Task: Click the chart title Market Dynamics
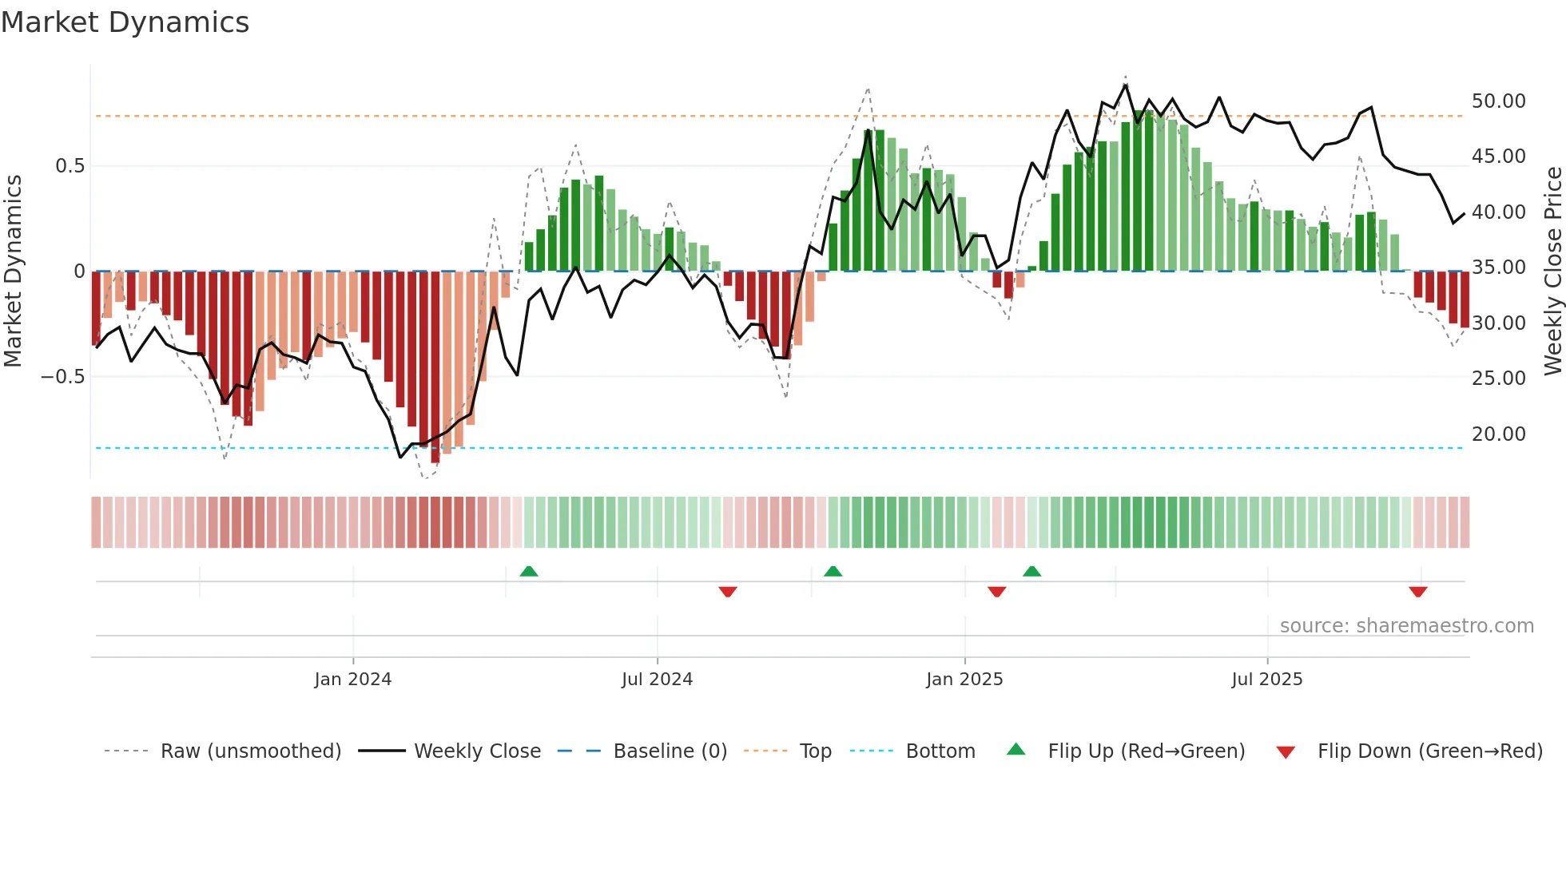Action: pos(125,22)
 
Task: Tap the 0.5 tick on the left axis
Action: pos(70,166)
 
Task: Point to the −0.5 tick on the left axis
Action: pos(62,377)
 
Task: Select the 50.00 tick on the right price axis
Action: pos(1498,101)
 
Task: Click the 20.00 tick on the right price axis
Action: pos(1498,434)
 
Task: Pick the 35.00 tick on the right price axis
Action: pos(1498,268)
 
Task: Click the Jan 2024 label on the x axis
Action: pos(352,680)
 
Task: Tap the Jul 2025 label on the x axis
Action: pos(1266,680)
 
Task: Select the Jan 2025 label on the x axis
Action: pos(964,680)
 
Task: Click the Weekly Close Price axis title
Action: pos(1552,272)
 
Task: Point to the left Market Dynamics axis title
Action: pos(13,272)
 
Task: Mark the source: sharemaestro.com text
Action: pos(1406,626)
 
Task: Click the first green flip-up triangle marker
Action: pos(528,571)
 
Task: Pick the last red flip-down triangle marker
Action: pos(1417,592)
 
